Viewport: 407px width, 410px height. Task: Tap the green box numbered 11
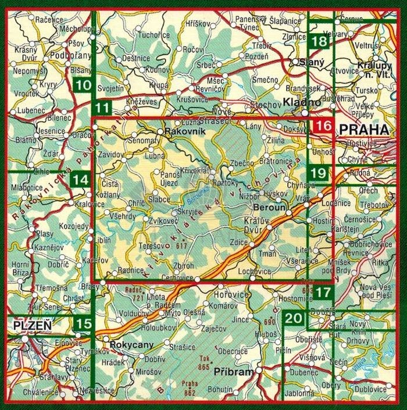103,107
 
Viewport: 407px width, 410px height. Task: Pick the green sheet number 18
319,41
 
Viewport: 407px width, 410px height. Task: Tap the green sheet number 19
318,172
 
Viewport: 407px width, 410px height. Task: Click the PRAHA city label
365,129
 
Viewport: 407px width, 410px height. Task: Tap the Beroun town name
268,206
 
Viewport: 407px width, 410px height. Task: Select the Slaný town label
310,61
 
